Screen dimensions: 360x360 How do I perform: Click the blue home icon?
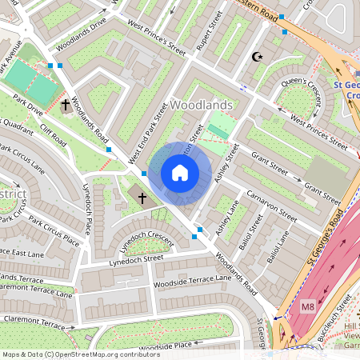pos(180,173)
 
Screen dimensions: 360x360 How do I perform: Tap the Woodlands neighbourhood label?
pos(202,106)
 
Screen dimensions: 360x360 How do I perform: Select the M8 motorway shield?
pos(308,307)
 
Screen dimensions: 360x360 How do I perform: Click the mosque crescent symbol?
pos(257,57)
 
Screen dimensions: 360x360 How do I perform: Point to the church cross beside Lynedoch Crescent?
pos(142,197)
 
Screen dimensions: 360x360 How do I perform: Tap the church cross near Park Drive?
pos(66,106)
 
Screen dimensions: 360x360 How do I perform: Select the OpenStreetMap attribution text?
pos(80,354)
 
